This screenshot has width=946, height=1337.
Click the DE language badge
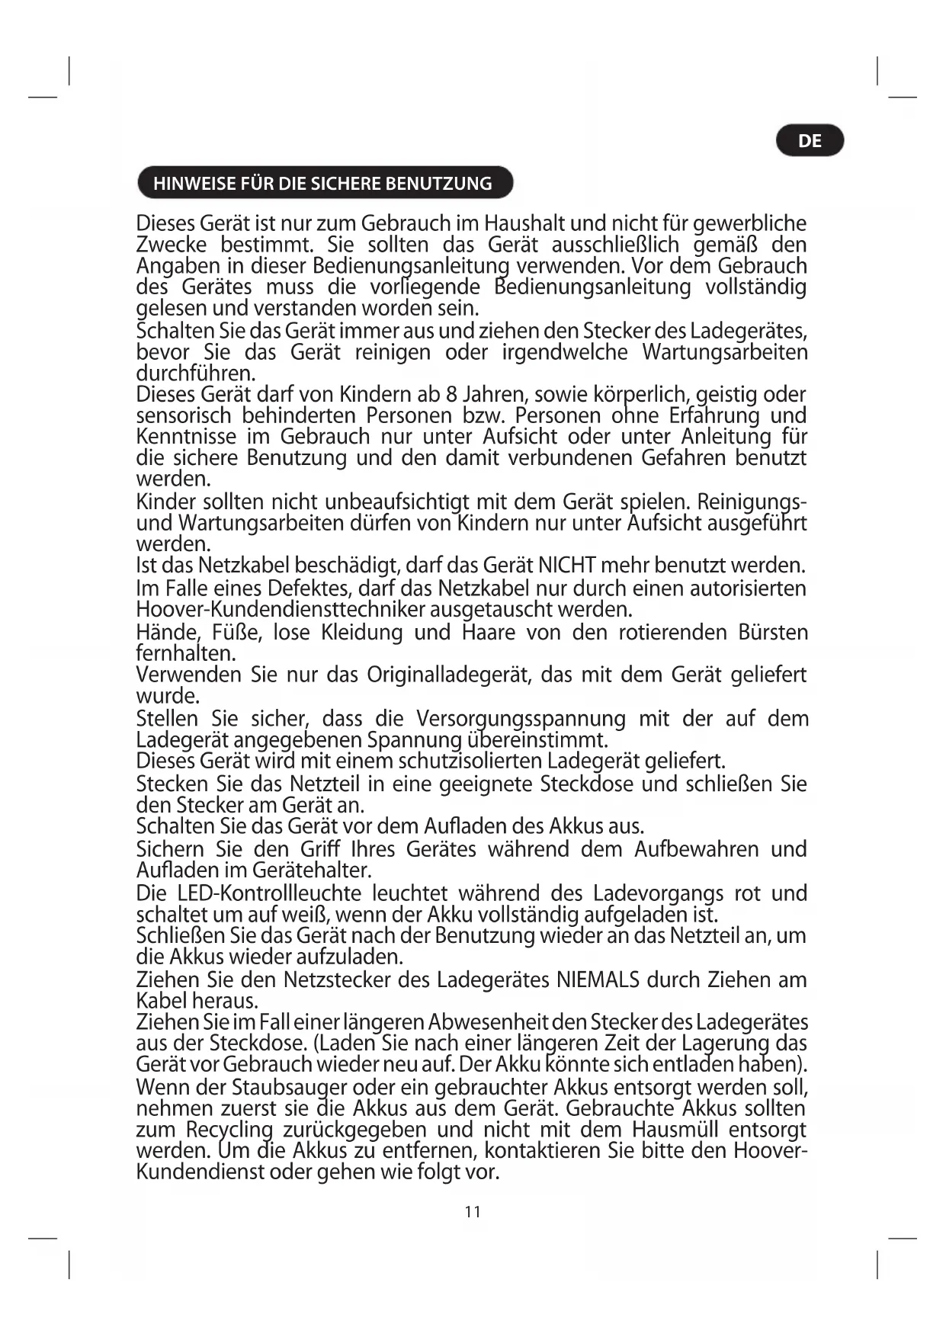[810, 141]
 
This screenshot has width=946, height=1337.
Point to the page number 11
[473, 1212]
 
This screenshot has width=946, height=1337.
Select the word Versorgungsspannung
[521, 719]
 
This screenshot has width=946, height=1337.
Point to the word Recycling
[229, 1130]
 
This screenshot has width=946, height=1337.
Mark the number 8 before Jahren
[451, 395]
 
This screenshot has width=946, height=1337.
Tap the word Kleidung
[361, 633]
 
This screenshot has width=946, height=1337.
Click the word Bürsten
[772, 633]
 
